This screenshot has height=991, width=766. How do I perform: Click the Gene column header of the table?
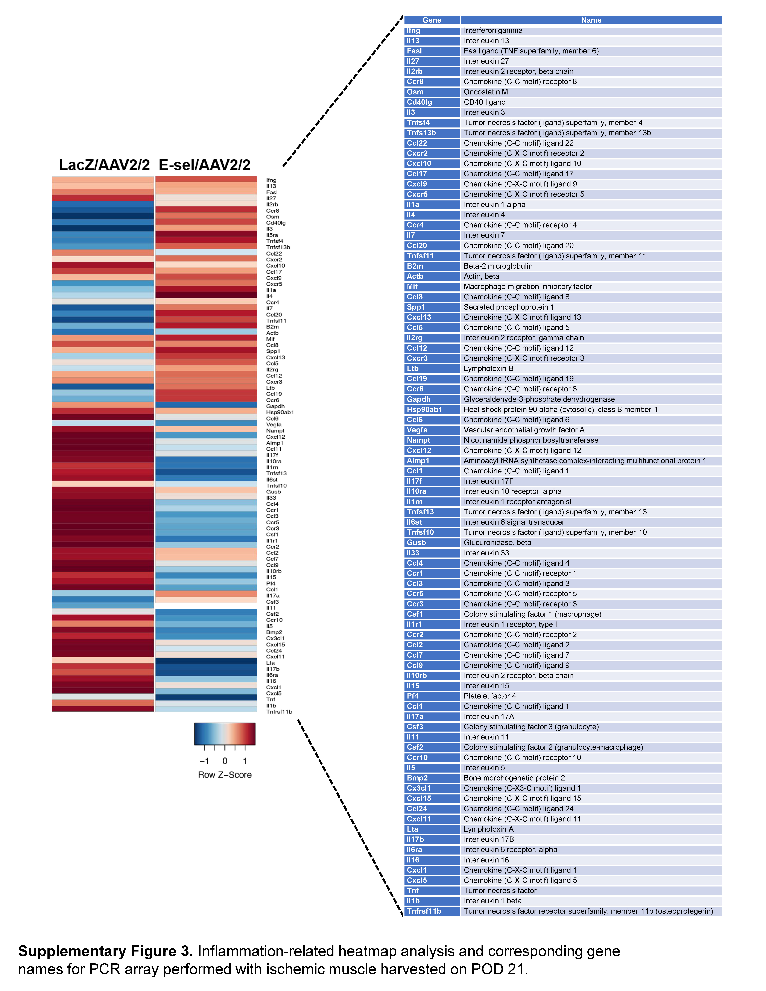(432, 20)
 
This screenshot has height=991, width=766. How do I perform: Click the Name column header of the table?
(591, 20)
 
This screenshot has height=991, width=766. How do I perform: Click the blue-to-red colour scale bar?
(225, 734)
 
